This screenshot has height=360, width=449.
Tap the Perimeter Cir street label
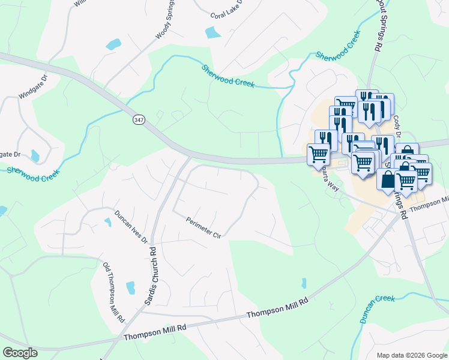pyautogui.click(x=204, y=227)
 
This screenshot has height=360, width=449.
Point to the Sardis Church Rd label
pyautogui.click(x=150, y=275)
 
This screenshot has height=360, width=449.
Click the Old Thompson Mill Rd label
pyautogui.click(x=113, y=292)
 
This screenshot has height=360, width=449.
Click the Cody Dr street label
pyautogui.click(x=397, y=127)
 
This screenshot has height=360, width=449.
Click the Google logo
pyautogui.click(x=20, y=353)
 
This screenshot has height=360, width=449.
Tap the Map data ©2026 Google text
pyautogui.click(x=411, y=355)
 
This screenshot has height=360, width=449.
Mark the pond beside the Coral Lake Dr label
pyautogui.click(x=213, y=32)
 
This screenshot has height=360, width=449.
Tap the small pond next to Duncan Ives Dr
pyautogui.click(x=107, y=222)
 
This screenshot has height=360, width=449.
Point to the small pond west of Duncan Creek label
pyautogui.click(x=304, y=283)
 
